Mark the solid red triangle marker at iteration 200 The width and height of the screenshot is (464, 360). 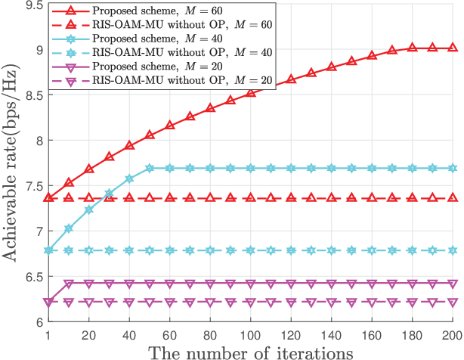[x=452, y=48]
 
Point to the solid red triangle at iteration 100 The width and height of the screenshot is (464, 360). [x=251, y=92]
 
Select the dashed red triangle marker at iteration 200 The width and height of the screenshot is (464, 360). [x=452, y=198]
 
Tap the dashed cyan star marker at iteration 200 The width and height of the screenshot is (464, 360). [x=452, y=250]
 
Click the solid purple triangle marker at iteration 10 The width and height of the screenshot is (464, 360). [x=69, y=284]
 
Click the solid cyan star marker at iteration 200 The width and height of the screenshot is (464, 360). [x=452, y=169]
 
